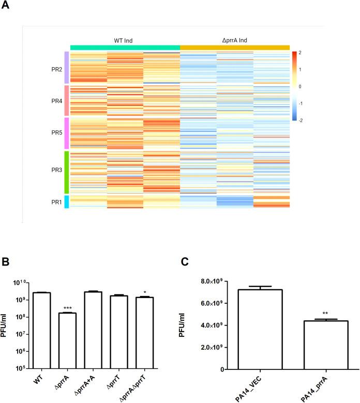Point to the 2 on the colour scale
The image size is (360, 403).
coord(301,53)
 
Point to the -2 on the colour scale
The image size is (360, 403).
coord(301,119)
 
